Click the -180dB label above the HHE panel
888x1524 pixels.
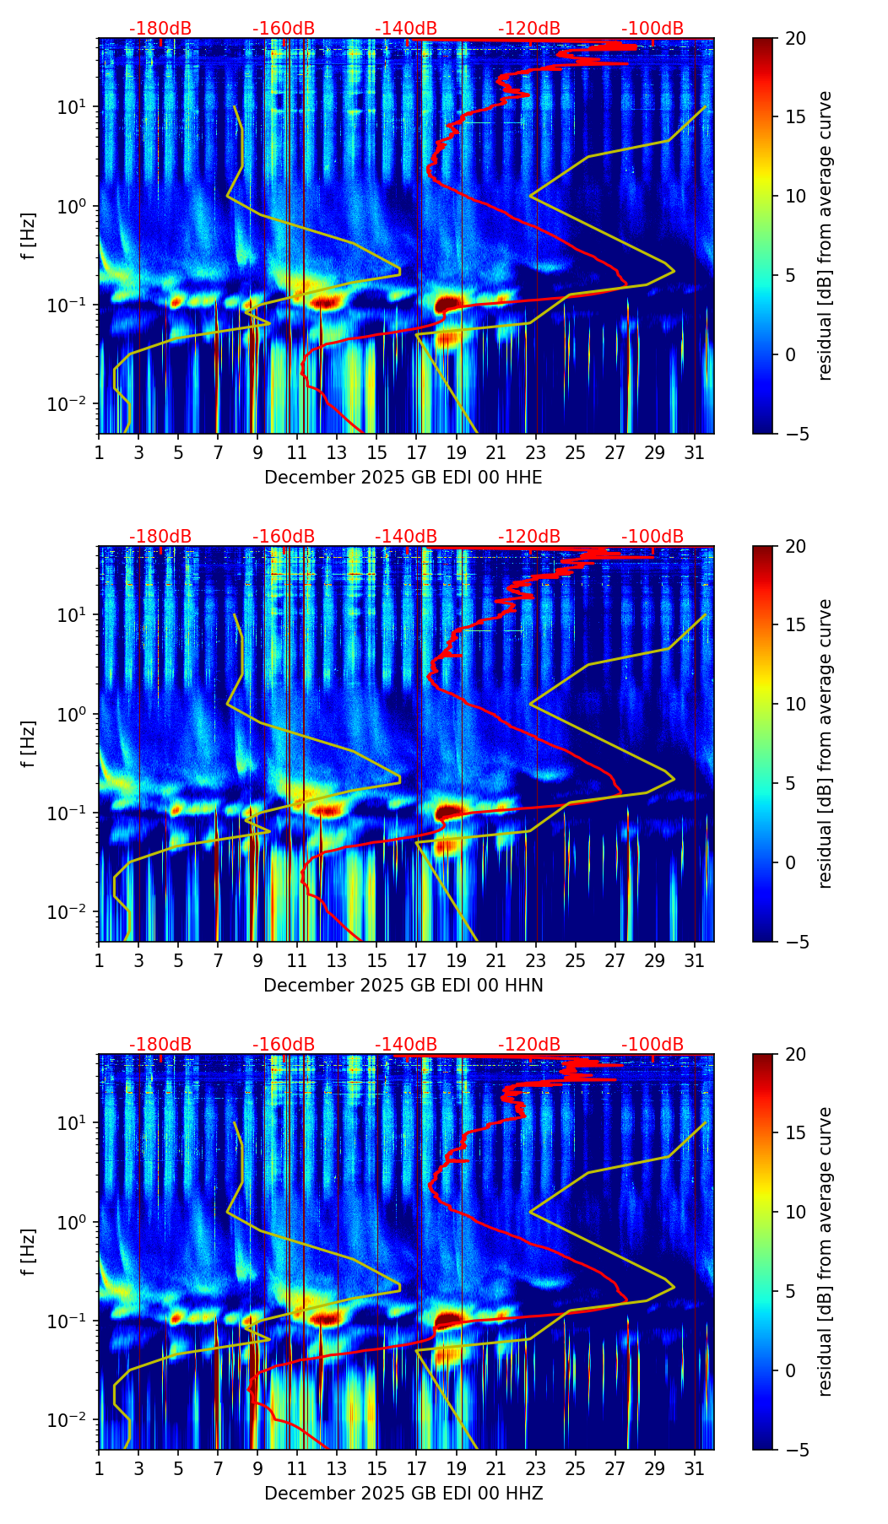pyautogui.click(x=160, y=29)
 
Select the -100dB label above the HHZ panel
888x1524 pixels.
pyautogui.click(x=652, y=1045)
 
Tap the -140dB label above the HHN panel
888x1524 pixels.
pyautogui.click(x=406, y=537)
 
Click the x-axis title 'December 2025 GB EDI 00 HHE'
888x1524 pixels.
pyautogui.click(x=403, y=478)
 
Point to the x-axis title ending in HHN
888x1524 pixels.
pyautogui.click(x=403, y=986)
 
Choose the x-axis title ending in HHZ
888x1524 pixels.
pyautogui.click(x=403, y=1494)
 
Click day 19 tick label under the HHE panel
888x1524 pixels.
pyautogui.click(x=456, y=453)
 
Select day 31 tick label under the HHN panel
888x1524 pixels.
pyautogui.click(x=694, y=961)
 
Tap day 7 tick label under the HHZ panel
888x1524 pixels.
pyautogui.click(x=218, y=1469)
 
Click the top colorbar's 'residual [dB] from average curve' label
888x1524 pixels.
pyautogui.click(x=826, y=235)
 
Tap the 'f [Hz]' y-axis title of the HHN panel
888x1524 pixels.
pyautogui.click(x=30, y=743)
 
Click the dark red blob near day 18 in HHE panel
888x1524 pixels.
pyautogui.click(x=448, y=303)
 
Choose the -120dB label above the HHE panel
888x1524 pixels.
pyautogui.click(x=529, y=29)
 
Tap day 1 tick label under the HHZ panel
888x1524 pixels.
pyautogui.click(x=99, y=1469)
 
